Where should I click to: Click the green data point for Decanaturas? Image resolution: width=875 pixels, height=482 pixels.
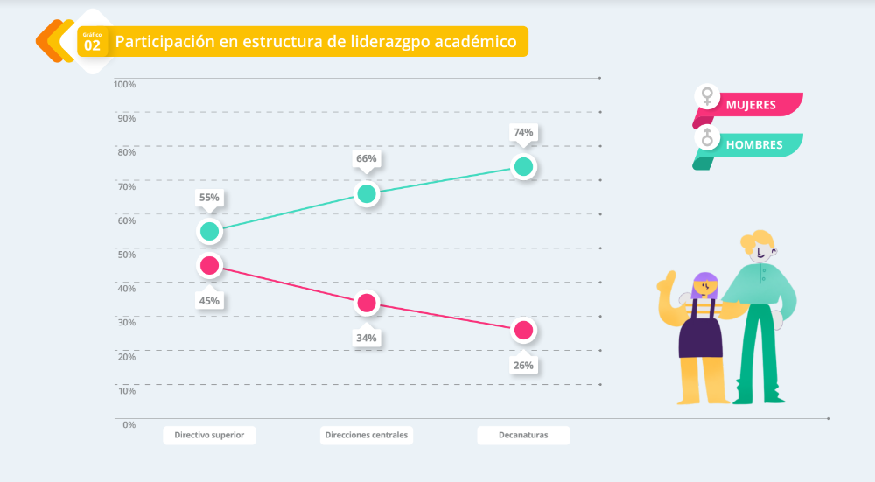click(523, 166)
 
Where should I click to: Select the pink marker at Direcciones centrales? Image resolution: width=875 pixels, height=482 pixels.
click(367, 303)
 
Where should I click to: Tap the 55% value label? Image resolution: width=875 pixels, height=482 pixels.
click(209, 198)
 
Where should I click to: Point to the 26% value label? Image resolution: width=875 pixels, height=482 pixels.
click(523, 365)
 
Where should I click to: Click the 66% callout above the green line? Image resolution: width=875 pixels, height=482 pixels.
click(366, 159)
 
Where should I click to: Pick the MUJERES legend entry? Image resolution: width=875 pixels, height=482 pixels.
click(751, 105)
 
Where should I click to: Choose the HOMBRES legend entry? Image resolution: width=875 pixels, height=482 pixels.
click(753, 144)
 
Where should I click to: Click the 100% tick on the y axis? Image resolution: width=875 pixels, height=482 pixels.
click(124, 84)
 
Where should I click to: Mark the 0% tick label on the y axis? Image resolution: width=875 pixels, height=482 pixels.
click(128, 424)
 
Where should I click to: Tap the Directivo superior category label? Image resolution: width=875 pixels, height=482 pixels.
click(209, 435)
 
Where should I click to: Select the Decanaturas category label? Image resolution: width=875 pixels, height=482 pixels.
click(523, 435)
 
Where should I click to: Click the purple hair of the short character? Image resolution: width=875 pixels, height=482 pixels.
click(704, 283)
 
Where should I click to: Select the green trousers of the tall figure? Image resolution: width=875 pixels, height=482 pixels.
click(758, 350)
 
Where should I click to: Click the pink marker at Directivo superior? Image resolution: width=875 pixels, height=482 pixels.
click(209, 265)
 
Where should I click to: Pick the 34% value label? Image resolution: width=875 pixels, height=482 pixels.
click(366, 338)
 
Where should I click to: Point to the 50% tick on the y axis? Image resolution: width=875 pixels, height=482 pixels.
click(127, 254)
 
